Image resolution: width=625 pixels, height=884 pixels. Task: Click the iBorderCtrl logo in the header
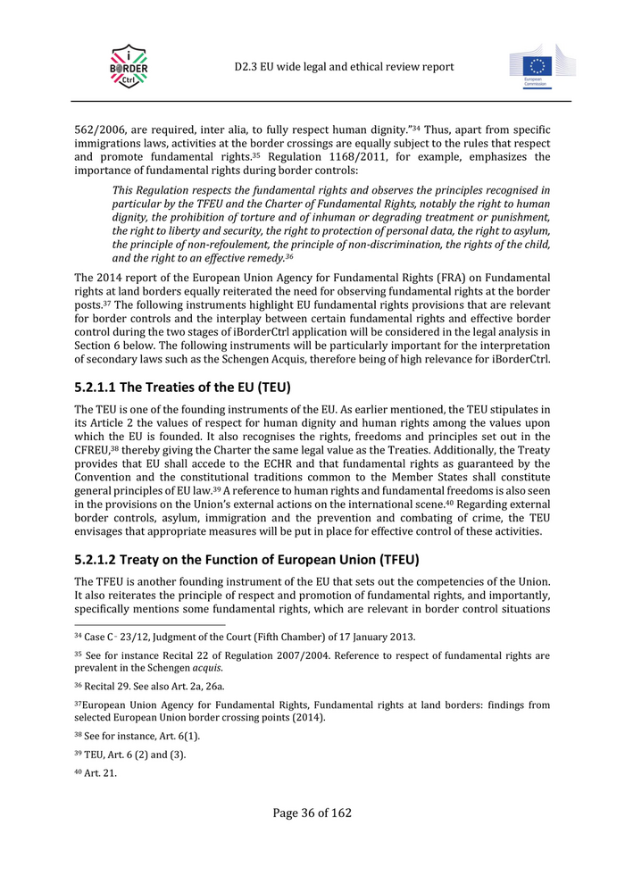(x=129, y=66)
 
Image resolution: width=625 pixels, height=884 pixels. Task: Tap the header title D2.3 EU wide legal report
(x=345, y=67)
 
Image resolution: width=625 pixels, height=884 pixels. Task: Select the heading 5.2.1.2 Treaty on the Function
(x=246, y=560)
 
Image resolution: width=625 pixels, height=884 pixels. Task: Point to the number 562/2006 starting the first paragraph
(x=96, y=130)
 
